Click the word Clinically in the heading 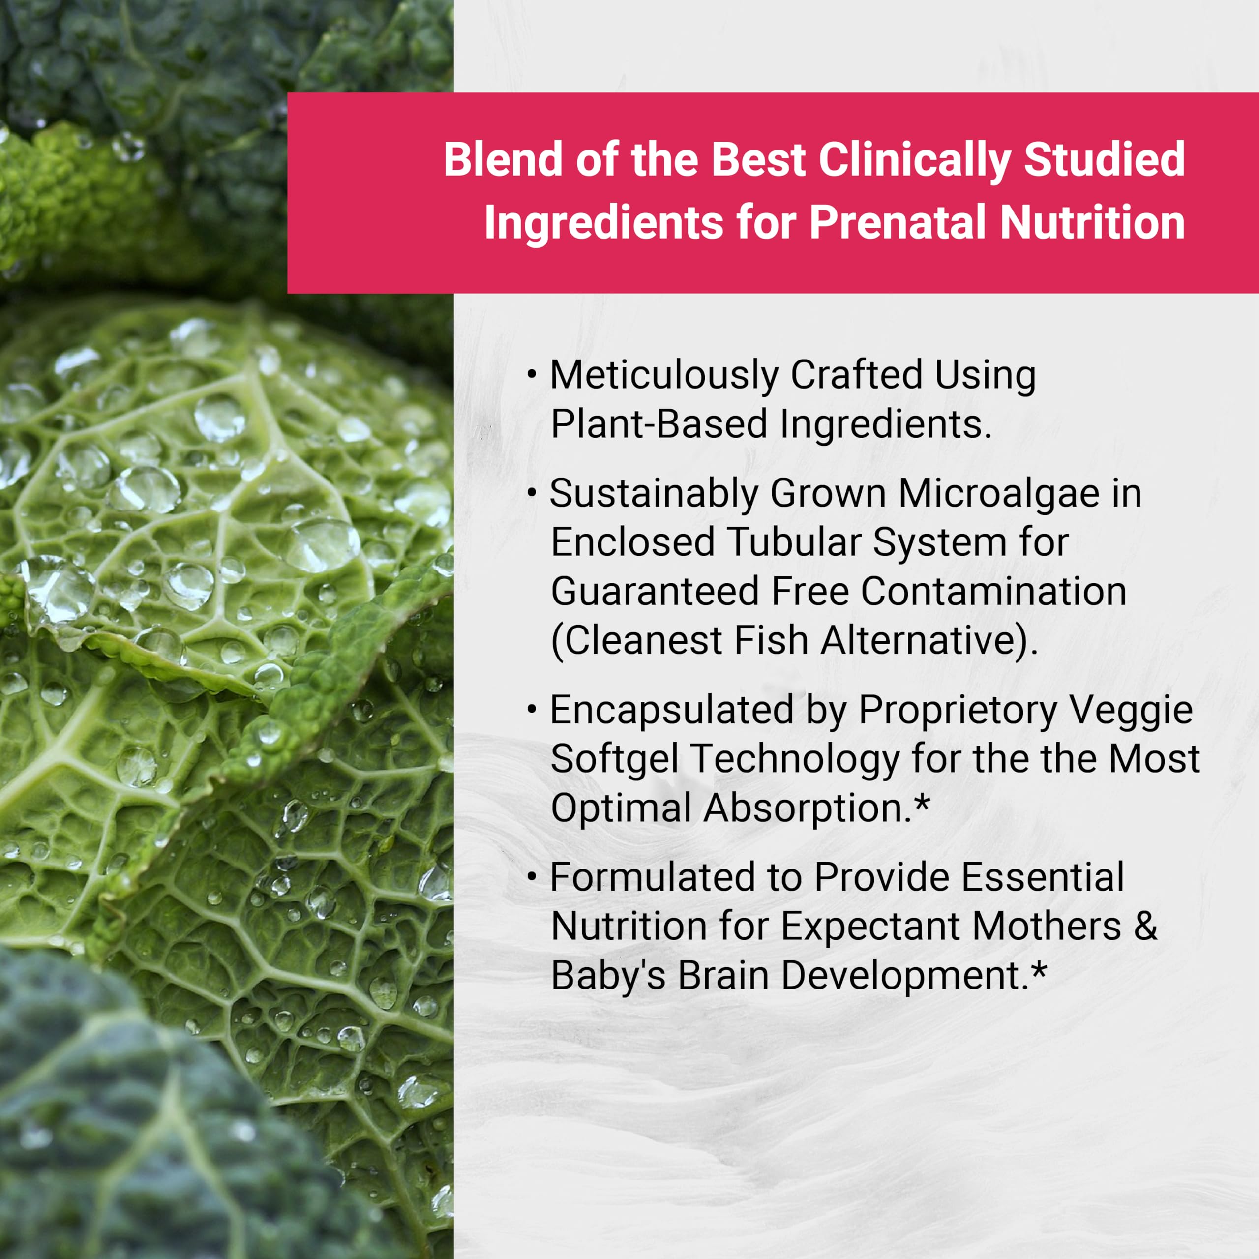tap(914, 160)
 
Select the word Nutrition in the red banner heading tap(1092, 223)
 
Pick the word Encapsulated tap(672, 710)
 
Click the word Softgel tap(614, 759)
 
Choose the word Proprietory tap(956, 710)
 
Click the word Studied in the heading tap(1104, 160)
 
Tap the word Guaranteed tap(655, 592)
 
